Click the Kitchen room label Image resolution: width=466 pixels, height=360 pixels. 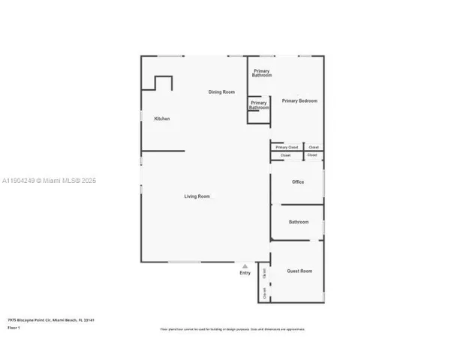[x=162, y=118]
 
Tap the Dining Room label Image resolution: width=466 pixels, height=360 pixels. [x=221, y=91]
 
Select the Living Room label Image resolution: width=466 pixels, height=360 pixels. [x=197, y=196]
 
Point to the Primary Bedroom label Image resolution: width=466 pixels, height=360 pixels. [x=299, y=100]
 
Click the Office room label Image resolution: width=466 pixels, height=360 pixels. [x=298, y=181]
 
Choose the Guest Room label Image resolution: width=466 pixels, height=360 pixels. [x=299, y=271]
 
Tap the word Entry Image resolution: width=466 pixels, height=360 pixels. [x=245, y=273]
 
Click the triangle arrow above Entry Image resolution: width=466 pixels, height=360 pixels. [x=245, y=265]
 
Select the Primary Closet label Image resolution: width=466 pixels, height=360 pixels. [x=287, y=147]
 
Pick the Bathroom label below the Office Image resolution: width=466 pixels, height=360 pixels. [x=299, y=222]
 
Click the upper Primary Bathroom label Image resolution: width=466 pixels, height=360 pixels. [x=262, y=73]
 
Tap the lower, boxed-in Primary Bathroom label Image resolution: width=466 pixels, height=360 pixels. [x=259, y=105]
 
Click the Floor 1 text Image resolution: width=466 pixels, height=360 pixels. [x=14, y=328]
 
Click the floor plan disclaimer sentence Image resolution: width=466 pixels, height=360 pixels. [x=233, y=329]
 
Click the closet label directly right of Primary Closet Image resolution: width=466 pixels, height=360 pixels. [x=314, y=147]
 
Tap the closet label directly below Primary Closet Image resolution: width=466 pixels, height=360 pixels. [x=286, y=155]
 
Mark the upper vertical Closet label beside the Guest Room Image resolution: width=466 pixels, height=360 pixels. [x=265, y=275]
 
